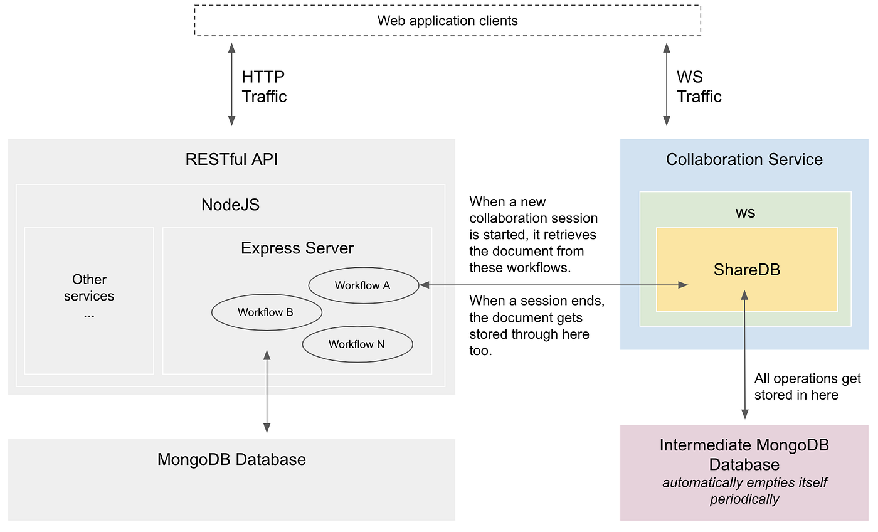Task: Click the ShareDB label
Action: [x=747, y=270]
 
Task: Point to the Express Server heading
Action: [x=297, y=248]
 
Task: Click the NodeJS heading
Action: [x=231, y=205]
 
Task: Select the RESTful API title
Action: [x=231, y=159]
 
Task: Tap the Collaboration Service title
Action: [x=744, y=159]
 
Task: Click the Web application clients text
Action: [x=448, y=21]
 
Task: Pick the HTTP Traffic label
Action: [x=264, y=87]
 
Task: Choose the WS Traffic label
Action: [x=699, y=87]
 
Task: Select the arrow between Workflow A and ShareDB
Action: [x=554, y=285]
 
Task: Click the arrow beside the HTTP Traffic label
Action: [x=231, y=84]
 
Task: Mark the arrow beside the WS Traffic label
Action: [x=666, y=84]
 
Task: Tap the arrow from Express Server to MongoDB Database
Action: [x=267, y=391]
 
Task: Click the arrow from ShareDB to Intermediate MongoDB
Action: [x=745, y=354]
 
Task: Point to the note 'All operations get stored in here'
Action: [x=808, y=386]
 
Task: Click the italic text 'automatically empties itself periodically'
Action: [x=744, y=491]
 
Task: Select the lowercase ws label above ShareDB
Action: [x=745, y=213]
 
